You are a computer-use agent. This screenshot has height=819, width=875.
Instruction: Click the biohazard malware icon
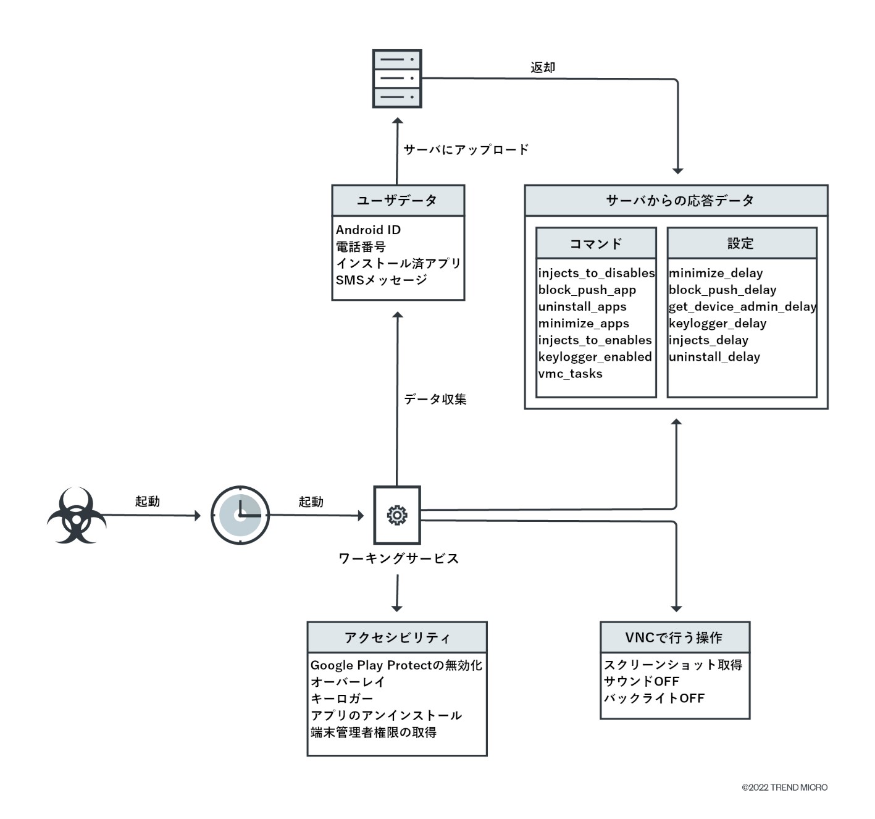pyautogui.click(x=76, y=516)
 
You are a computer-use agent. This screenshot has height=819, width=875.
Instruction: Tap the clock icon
pyautogui.click(x=240, y=515)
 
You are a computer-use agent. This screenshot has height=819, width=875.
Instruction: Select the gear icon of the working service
pyautogui.click(x=397, y=515)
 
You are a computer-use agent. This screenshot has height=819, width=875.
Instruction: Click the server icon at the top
pyautogui.click(x=397, y=78)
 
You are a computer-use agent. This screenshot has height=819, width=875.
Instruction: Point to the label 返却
pyautogui.click(x=543, y=67)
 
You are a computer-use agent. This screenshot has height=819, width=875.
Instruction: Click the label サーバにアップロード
pyautogui.click(x=466, y=149)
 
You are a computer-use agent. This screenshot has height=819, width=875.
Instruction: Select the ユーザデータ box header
pyautogui.click(x=398, y=200)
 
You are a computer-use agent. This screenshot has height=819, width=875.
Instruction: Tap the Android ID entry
pyautogui.click(x=368, y=230)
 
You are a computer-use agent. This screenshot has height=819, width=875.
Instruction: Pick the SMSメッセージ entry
pyautogui.click(x=381, y=280)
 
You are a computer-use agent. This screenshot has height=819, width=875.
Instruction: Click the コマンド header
pyautogui.click(x=596, y=243)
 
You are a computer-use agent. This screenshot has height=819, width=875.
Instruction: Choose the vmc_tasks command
pyautogui.click(x=570, y=374)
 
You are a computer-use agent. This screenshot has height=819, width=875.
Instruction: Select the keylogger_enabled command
pyautogui.click(x=595, y=357)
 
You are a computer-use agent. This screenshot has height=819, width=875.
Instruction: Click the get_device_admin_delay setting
pyautogui.click(x=742, y=307)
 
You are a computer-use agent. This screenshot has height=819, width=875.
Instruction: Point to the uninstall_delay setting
pyautogui.click(x=714, y=357)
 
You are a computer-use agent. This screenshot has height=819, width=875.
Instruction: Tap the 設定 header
pyautogui.click(x=741, y=243)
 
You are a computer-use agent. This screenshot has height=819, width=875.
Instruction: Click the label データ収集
pyautogui.click(x=435, y=400)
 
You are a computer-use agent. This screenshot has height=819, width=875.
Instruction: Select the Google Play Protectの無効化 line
pyautogui.click(x=396, y=665)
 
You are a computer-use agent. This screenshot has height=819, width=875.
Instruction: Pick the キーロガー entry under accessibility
pyautogui.click(x=341, y=699)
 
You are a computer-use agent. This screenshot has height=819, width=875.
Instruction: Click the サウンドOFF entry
pyautogui.click(x=641, y=681)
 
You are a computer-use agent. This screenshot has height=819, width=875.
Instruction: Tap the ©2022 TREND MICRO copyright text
pyautogui.click(x=784, y=787)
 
